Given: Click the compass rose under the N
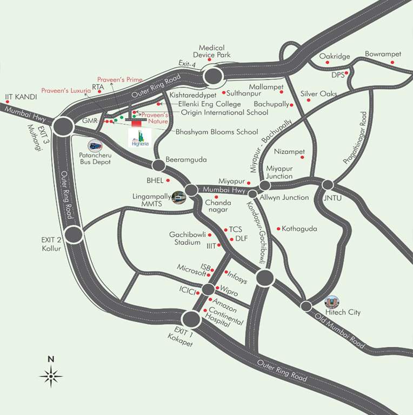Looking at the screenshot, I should pyautogui.click(x=51, y=375).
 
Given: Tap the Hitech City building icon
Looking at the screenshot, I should pyautogui.click(x=331, y=302).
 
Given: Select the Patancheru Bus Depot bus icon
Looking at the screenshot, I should pyautogui.click(x=95, y=145).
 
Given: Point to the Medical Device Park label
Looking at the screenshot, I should pyautogui.click(x=215, y=51).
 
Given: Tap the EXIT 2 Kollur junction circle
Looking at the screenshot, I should pyautogui.click(x=74, y=234).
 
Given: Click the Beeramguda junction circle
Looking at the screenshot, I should pyautogui.click(x=158, y=165).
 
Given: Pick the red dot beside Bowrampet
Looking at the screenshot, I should pyautogui.click(x=392, y=62).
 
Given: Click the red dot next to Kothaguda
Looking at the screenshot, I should pyautogui.click(x=278, y=229).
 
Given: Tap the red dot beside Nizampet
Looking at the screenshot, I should pyautogui.click(x=302, y=157).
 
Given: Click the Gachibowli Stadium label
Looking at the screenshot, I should pyautogui.click(x=185, y=239).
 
